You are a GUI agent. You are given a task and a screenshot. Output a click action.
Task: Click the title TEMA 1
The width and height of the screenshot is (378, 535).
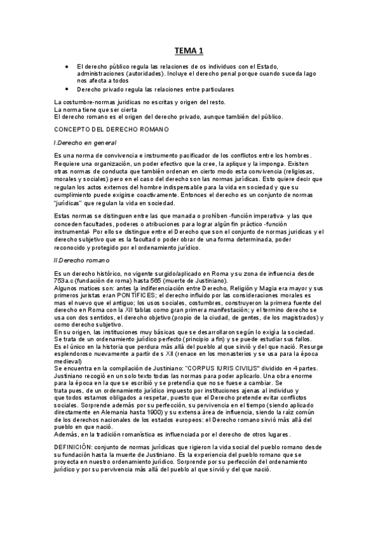coord(189,50)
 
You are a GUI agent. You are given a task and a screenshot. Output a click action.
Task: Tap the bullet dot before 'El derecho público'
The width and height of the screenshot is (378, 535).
coord(67,66)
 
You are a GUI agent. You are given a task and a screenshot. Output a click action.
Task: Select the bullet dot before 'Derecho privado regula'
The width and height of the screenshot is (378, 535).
coord(67,90)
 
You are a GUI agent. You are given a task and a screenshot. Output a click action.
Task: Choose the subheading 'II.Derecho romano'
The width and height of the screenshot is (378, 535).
coord(82,260)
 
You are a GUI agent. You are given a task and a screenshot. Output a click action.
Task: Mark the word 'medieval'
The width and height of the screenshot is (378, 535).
coord(68,361)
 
